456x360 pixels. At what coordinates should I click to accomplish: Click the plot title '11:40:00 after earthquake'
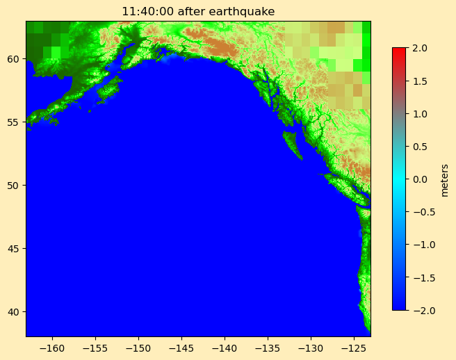(x=198, y=11)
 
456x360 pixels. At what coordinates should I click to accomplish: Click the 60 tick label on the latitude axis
(x=14, y=59)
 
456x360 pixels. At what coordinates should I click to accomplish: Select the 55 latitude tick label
(x=14, y=122)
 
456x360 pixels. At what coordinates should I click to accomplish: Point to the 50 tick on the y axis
(x=14, y=185)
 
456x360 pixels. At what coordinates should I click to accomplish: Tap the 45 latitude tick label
(x=14, y=248)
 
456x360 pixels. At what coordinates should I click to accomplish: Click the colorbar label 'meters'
(x=444, y=179)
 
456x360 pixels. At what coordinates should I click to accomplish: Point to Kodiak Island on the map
(x=109, y=89)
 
